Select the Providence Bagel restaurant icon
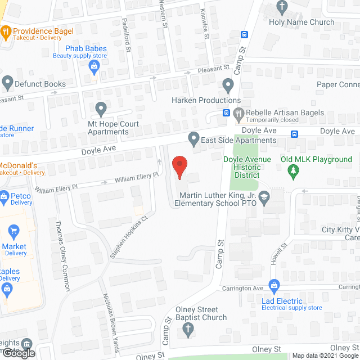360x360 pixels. tap(6, 32)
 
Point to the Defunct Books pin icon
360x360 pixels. tap(7, 83)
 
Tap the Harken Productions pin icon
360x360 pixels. tap(228, 85)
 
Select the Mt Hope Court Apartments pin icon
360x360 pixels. tap(101, 108)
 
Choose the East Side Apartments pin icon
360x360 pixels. tap(194, 138)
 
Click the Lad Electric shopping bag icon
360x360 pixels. tap(274, 285)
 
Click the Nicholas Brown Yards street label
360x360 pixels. tap(110, 323)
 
